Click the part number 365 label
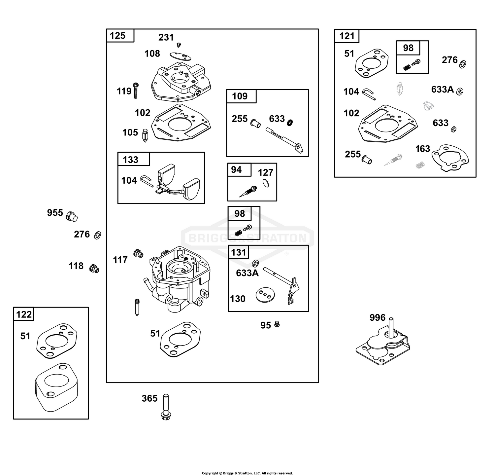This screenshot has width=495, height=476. click(x=149, y=398)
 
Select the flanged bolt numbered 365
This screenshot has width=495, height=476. click(x=166, y=407)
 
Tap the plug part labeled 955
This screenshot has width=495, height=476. click(x=72, y=217)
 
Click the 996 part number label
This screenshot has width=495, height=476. click(x=378, y=318)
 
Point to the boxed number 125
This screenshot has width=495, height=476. click(x=118, y=36)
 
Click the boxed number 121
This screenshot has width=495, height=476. click(x=347, y=36)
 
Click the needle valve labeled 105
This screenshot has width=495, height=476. click(x=145, y=135)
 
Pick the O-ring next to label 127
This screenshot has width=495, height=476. click(x=266, y=183)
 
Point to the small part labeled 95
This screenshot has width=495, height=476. click(x=277, y=325)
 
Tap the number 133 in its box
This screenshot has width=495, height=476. click(x=131, y=160)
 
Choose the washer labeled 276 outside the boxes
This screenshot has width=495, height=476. click(x=98, y=235)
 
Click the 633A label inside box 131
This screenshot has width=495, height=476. click(x=247, y=273)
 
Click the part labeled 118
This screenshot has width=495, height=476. click(x=94, y=268)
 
